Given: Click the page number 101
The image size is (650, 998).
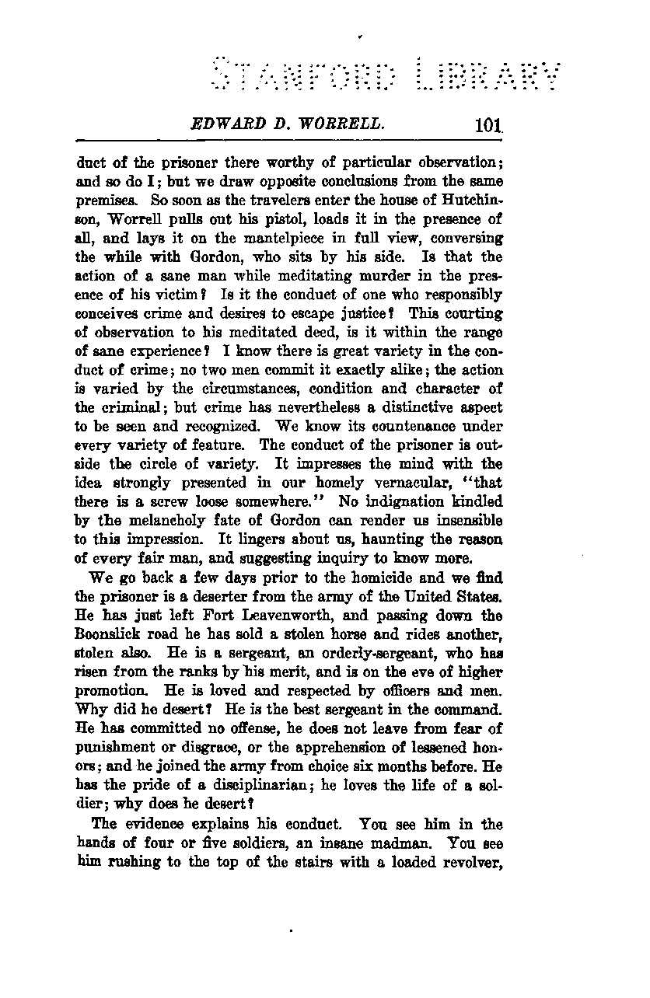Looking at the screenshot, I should pyautogui.click(x=487, y=127).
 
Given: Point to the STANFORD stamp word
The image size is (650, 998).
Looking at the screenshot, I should pyautogui.click(x=305, y=75).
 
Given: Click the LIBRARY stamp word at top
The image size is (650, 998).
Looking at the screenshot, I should pyautogui.click(x=487, y=75).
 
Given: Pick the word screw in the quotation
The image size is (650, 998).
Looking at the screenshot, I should pyautogui.click(x=170, y=502).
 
